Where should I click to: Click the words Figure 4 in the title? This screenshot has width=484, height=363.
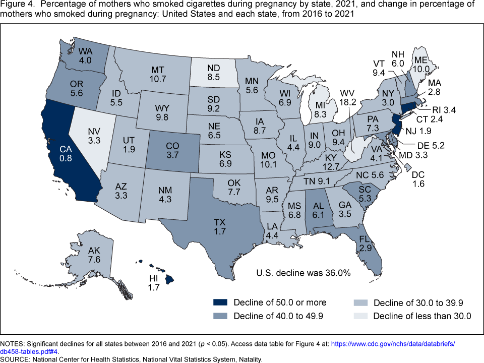coord(16,5)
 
